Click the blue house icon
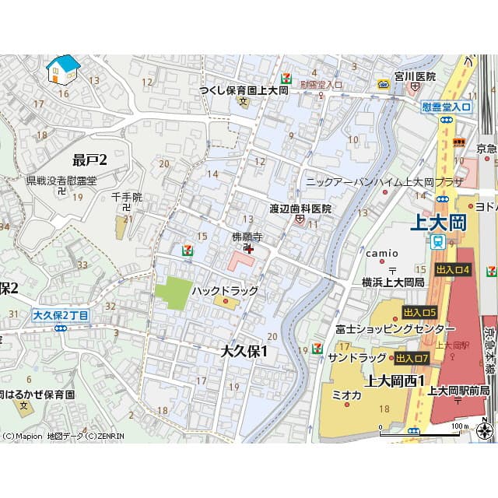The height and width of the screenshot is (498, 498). [63, 69]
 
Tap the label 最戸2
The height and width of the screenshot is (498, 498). [89, 160]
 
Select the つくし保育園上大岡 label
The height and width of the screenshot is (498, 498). [244, 90]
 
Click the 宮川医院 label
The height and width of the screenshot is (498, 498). [415, 76]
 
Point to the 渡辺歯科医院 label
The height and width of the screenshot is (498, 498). [300, 209]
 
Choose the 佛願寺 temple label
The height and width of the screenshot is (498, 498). [247, 236]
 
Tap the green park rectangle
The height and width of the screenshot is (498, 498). [173, 293]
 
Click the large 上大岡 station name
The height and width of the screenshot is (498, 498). [438, 223]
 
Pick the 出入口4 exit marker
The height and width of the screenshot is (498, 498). [454, 269]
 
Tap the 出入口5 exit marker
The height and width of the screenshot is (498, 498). [420, 312]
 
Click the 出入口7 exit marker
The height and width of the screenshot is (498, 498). [412, 358]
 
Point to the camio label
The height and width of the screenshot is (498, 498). [382, 253]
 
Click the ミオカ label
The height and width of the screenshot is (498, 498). [346, 395]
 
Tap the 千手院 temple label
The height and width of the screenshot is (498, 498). [127, 198]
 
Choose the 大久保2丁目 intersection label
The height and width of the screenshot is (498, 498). [61, 315]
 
